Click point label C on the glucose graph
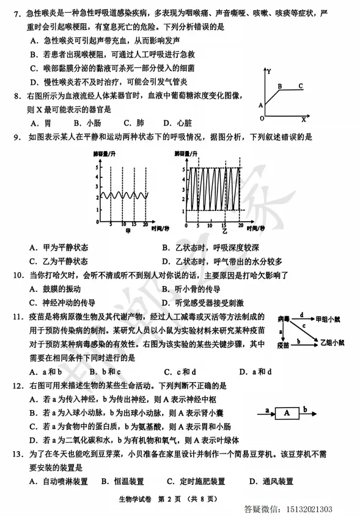click(300, 86)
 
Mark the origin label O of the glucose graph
click(262, 117)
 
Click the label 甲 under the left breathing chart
click(128, 230)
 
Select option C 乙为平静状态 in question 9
click(62, 262)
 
